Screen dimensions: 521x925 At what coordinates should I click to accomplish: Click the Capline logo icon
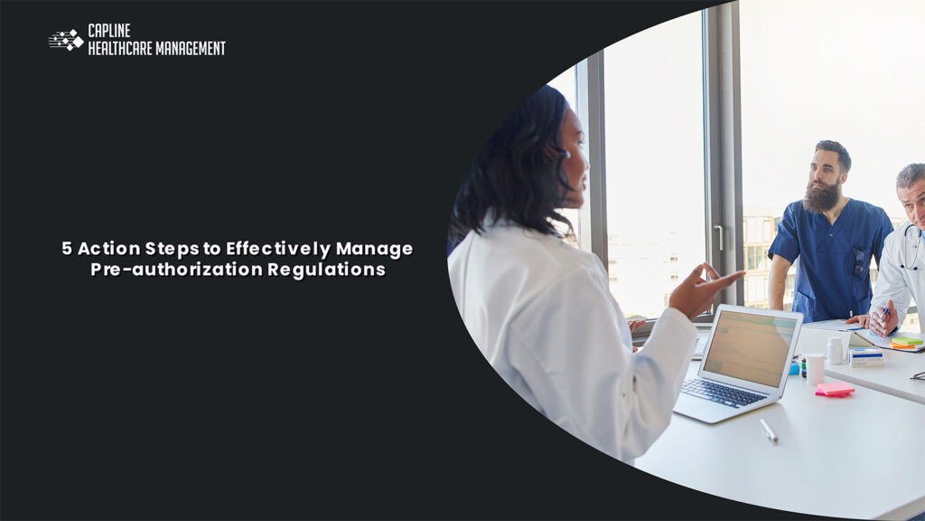coord(66,40)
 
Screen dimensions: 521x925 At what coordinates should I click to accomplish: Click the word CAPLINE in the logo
coord(109,32)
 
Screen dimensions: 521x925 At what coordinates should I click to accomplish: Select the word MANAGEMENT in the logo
coord(190,48)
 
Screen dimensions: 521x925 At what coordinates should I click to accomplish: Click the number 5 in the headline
coord(67,249)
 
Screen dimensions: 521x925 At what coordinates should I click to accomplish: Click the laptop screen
coord(750,347)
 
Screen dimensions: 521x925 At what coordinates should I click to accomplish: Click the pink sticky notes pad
coord(835,389)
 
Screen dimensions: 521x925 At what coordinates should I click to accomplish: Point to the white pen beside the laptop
coord(769,430)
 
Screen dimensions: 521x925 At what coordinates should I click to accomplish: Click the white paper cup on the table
coord(815,368)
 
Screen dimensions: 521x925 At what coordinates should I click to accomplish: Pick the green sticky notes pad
coord(906,341)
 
